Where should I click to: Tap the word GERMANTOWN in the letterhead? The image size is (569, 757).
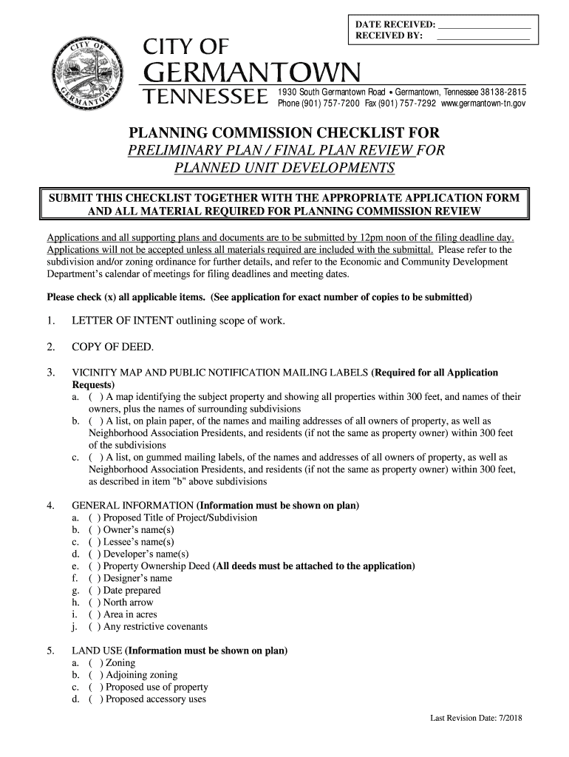[x=251, y=74]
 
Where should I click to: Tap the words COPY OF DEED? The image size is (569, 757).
[x=112, y=347]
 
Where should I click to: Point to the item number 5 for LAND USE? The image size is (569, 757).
[x=49, y=651]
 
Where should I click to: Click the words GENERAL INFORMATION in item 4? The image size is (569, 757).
[x=122, y=506]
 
